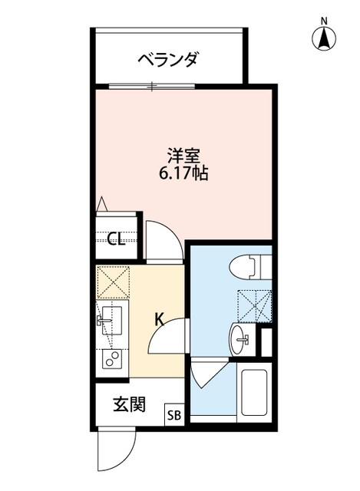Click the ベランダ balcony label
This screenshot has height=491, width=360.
pos(169,59)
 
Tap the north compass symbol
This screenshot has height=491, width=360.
pos(325,35)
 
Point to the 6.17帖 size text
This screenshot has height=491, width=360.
pos(183,173)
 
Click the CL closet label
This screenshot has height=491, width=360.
pos(116,240)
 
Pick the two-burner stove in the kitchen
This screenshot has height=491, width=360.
pos(112,359)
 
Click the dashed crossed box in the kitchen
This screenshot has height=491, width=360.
pos(113,281)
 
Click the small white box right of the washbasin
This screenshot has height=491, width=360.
pos(267,341)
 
